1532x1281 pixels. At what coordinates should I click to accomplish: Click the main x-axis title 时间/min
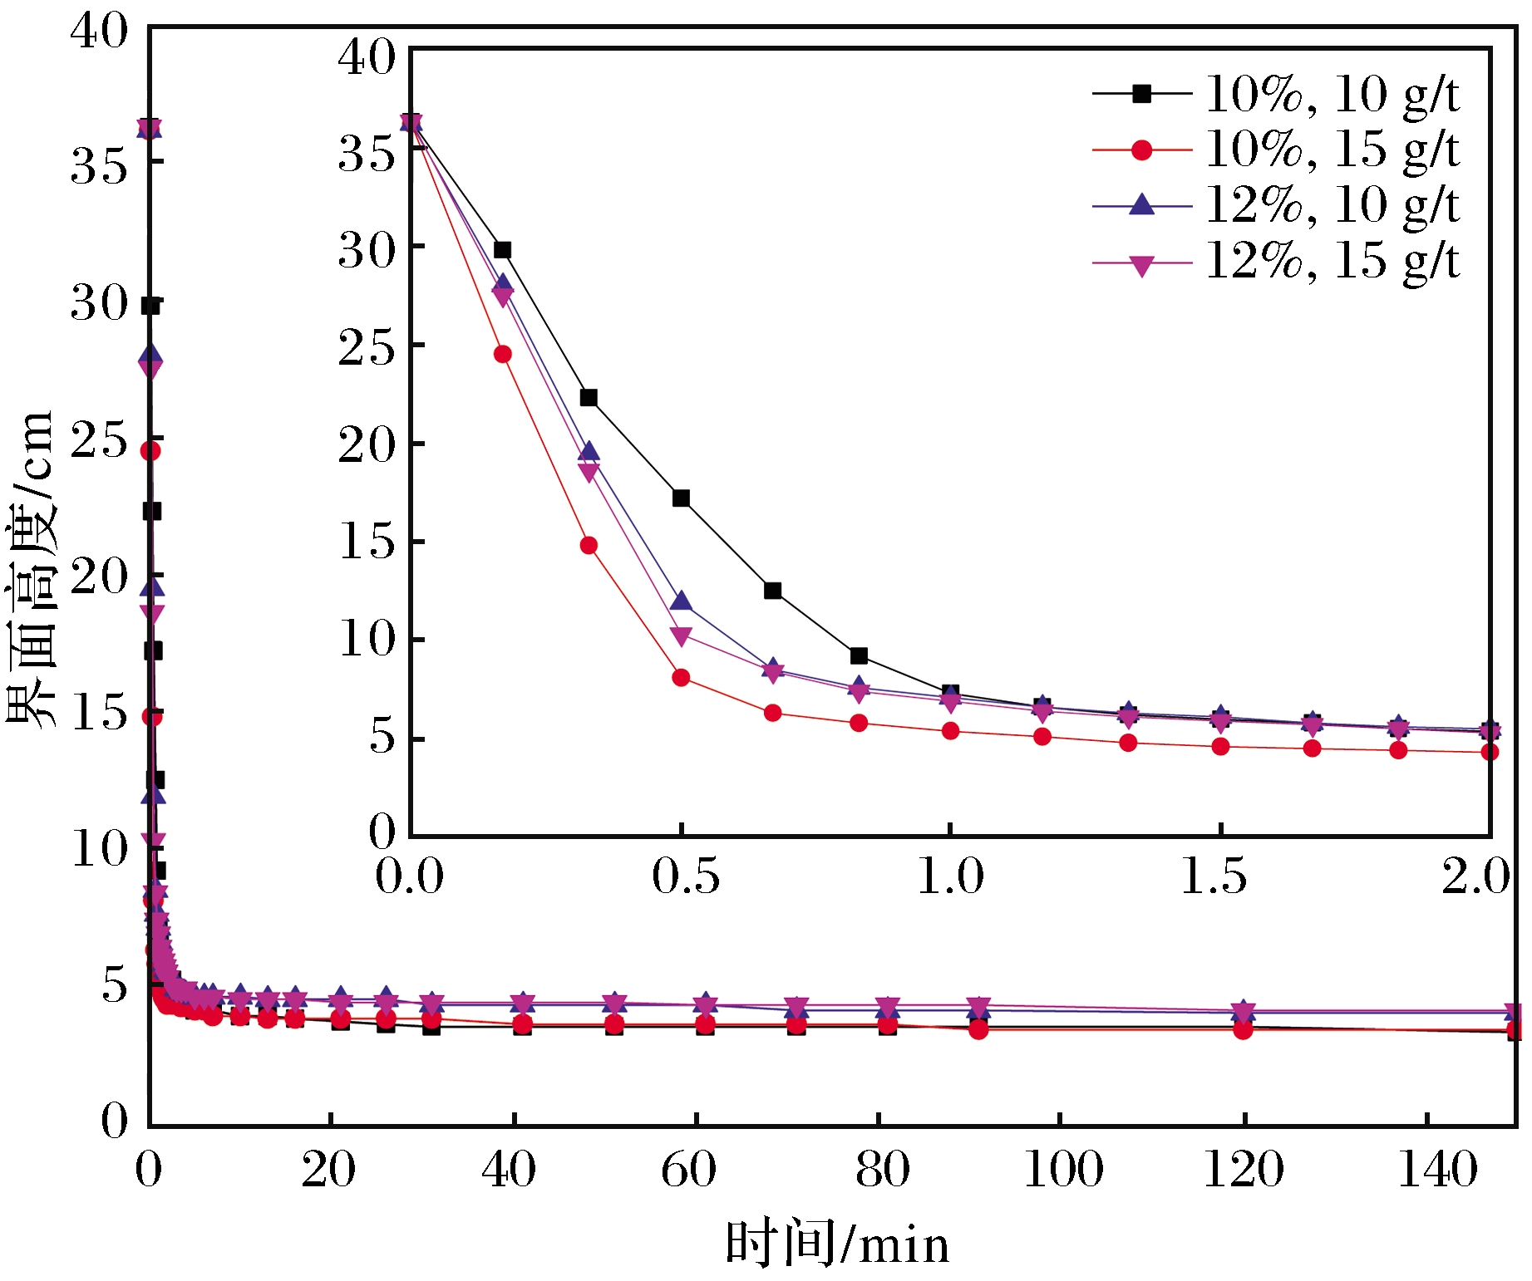click(836, 1244)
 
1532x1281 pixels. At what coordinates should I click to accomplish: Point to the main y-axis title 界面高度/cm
click(32, 570)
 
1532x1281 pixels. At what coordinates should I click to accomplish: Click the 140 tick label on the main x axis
click(1437, 1170)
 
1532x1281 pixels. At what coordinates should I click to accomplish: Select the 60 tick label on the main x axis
click(688, 1170)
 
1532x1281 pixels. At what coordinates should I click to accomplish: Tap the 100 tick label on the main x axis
click(1063, 1170)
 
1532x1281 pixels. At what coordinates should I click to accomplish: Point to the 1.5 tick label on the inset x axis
click(1214, 876)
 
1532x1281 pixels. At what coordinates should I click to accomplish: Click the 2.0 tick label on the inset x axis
click(1475, 876)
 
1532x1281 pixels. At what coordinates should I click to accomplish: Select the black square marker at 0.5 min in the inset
click(681, 498)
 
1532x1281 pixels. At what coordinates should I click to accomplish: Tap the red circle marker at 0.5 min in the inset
click(681, 678)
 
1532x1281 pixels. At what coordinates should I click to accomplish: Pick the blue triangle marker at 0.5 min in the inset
click(681, 601)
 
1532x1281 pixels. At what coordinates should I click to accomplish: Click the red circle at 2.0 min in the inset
click(1490, 752)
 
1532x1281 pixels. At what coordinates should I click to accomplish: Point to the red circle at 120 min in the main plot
click(1243, 1030)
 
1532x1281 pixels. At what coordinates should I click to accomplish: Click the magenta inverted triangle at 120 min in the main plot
click(1243, 1011)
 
